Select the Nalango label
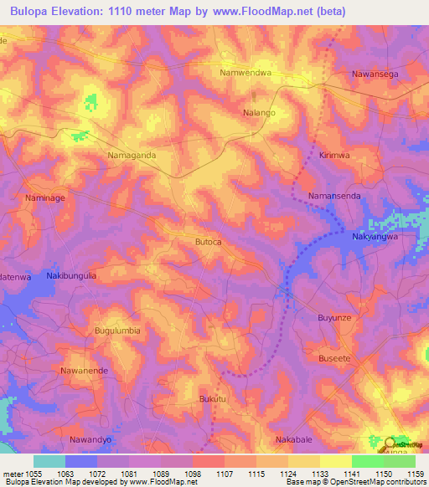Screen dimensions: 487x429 point(259,110)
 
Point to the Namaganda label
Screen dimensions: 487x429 point(132,155)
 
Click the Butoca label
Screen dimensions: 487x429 point(208,242)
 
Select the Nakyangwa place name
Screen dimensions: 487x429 point(392,236)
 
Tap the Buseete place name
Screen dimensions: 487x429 point(336,356)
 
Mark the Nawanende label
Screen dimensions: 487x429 point(85,369)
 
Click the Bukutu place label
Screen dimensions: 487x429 point(213,399)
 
